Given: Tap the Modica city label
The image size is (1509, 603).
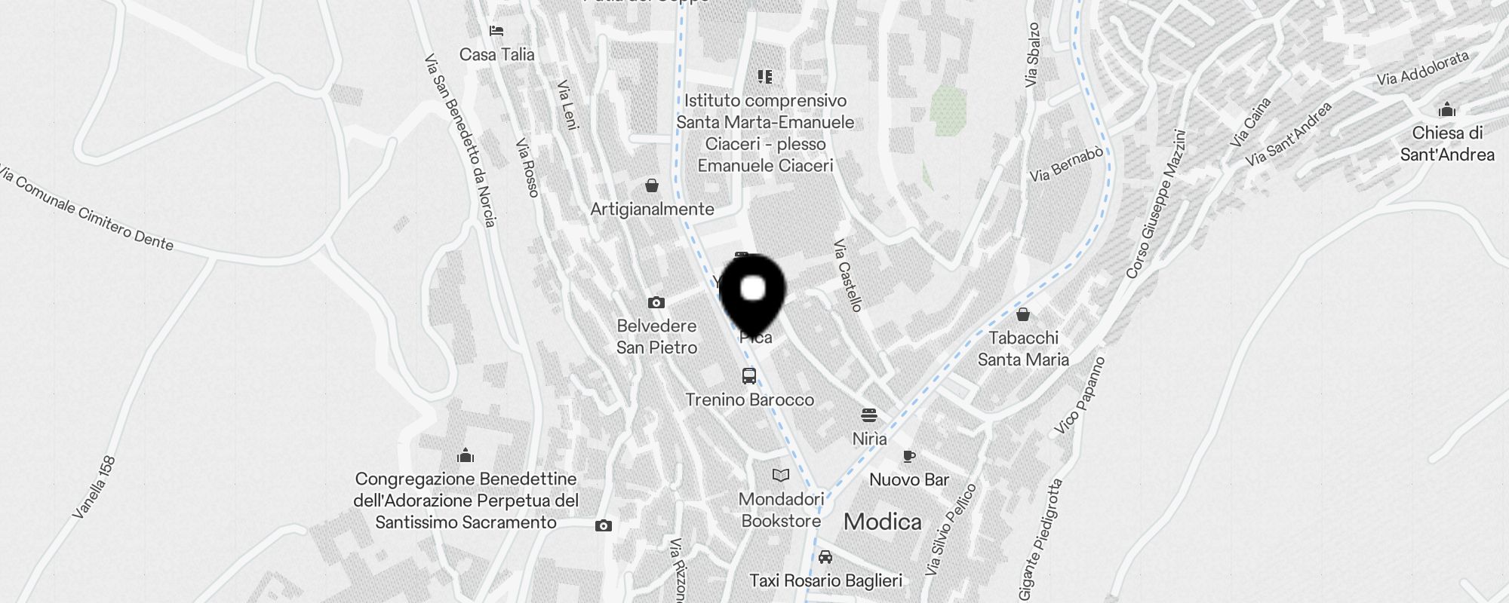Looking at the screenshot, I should [x=882, y=522].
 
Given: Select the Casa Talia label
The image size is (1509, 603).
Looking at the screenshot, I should [x=496, y=54].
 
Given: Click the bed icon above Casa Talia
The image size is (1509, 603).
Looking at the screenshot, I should [x=496, y=31].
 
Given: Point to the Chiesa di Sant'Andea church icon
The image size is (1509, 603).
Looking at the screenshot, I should [x=1446, y=109].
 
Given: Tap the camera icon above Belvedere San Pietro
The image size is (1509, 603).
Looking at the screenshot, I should [x=656, y=302].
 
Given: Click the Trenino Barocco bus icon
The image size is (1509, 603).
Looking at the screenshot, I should [x=749, y=376].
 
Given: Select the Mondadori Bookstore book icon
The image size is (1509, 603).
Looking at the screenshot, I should [x=781, y=475].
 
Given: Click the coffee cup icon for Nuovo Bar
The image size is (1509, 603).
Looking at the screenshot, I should [x=909, y=456].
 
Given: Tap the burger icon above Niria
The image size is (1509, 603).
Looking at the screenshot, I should [x=869, y=415].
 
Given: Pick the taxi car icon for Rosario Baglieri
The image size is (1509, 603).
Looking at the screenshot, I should [x=825, y=557].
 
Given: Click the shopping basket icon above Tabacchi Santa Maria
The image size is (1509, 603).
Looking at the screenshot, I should [x=1023, y=314].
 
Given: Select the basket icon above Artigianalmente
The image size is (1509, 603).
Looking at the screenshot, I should [x=652, y=185].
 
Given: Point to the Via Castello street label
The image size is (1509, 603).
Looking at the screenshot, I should [x=848, y=275].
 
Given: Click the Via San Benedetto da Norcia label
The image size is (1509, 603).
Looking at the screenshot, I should [x=460, y=140].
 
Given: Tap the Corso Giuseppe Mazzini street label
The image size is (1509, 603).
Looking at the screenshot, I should [x=1156, y=204].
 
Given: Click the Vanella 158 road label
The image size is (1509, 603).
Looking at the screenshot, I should [x=94, y=488].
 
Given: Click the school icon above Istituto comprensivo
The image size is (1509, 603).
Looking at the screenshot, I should [x=765, y=76].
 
